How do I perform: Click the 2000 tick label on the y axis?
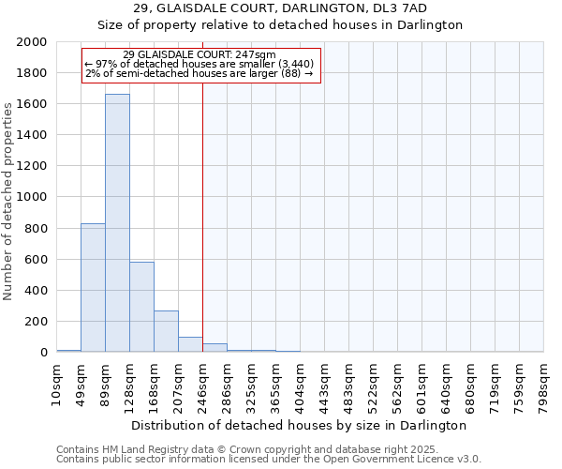click(x=31, y=42)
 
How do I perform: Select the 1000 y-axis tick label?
click(x=31, y=198)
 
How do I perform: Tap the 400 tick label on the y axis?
click(x=35, y=291)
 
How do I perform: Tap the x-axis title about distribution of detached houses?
click(x=300, y=426)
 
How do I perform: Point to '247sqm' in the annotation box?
click(x=256, y=54)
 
